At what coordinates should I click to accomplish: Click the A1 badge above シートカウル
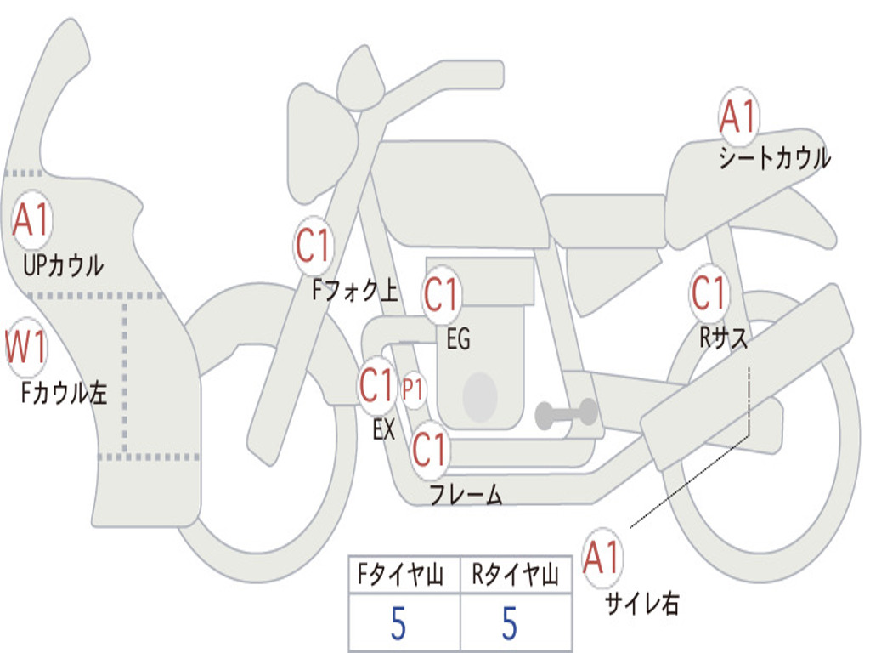coord(738,116)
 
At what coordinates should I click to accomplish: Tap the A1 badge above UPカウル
coord(31,219)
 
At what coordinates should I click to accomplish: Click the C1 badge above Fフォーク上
coord(314,245)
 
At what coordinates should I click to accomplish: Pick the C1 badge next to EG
coord(441,294)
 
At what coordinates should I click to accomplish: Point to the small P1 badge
coord(413,389)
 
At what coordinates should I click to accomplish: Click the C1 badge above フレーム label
coord(429,449)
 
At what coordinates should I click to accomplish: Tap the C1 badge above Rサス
coord(709,292)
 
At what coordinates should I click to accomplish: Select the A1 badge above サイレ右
coord(602,557)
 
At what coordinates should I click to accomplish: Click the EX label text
coord(384,429)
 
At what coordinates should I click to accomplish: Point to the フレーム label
coord(466,494)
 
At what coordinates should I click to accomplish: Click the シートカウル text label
coord(775,157)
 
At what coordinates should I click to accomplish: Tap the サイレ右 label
coord(642,604)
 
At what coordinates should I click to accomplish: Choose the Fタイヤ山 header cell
coord(404,575)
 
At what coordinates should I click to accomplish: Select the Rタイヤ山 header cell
coord(516,575)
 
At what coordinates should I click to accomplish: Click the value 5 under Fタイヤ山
coord(398,623)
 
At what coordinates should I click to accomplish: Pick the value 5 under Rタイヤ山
coord(510,623)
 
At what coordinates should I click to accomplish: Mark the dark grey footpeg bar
coord(567,413)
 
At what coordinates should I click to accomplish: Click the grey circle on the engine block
coord(480,397)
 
